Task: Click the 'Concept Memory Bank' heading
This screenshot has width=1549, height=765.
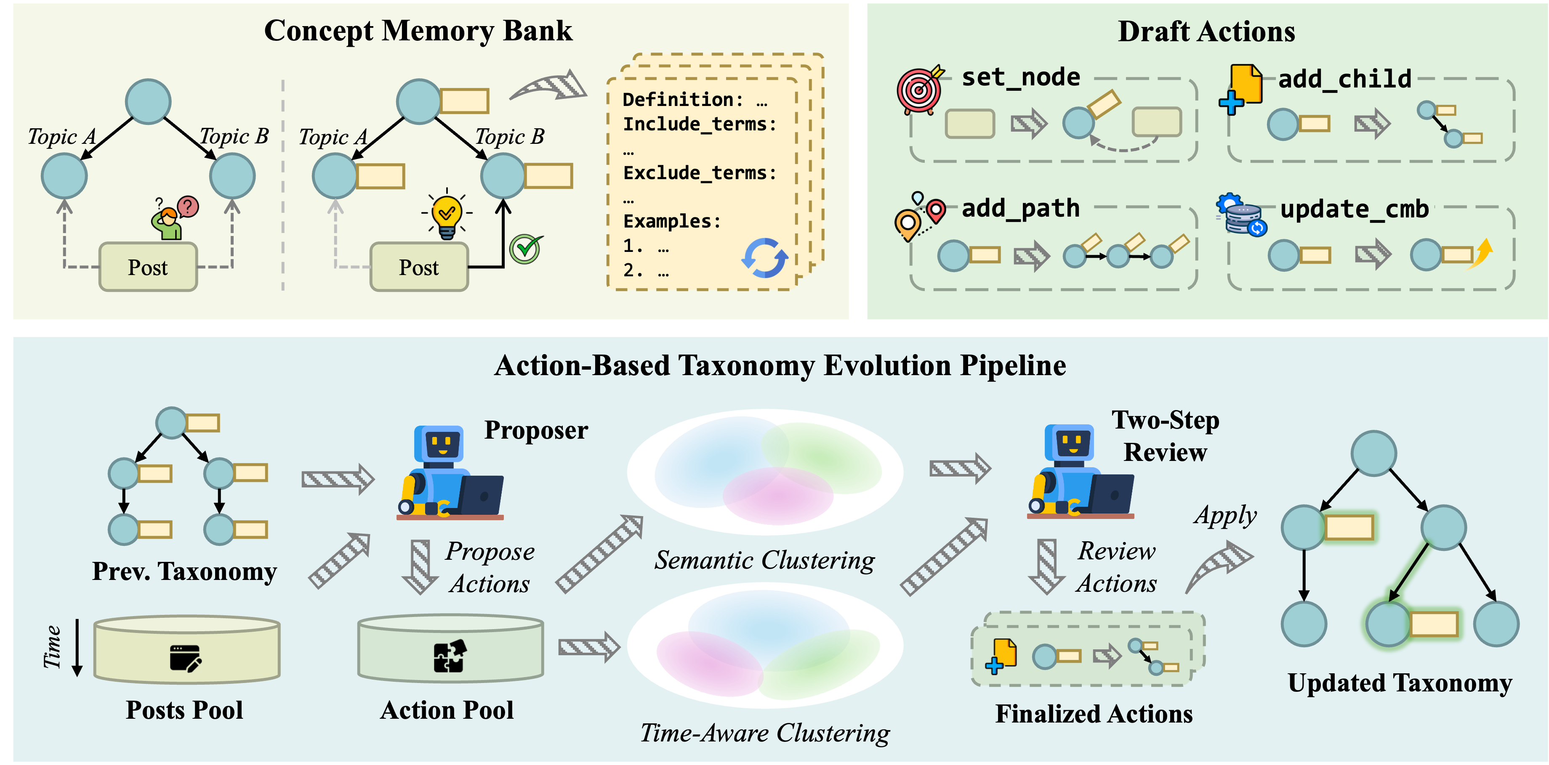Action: (418, 31)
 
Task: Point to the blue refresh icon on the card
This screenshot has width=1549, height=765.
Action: (764, 258)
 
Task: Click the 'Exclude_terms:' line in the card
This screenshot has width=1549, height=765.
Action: (699, 173)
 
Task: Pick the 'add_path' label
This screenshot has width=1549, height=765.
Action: (1020, 209)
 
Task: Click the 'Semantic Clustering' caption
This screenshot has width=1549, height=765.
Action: (764, 561)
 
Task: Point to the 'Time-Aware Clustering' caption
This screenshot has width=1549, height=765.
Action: (764, 733)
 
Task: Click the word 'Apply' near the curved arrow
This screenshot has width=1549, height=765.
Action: (1225, 516)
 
